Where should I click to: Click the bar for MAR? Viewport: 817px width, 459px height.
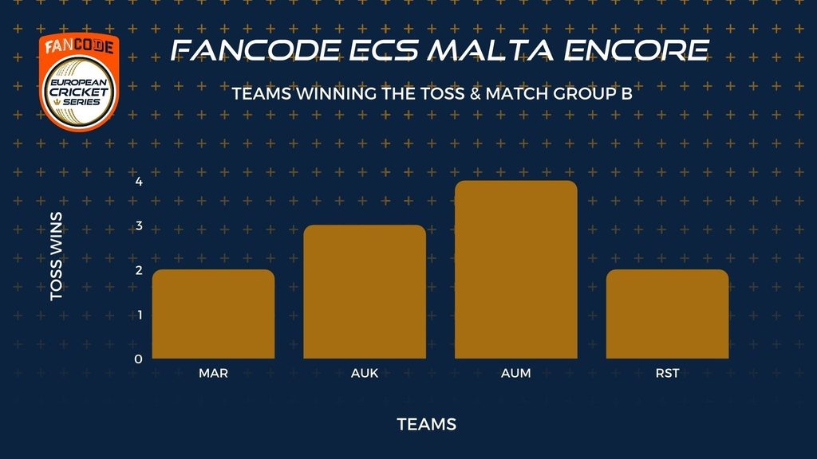click(x=213, y=314)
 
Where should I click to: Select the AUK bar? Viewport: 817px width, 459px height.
click(x=365, y=292)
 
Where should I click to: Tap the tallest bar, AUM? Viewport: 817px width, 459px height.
click(x=516, y=269)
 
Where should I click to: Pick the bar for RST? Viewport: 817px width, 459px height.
click(x=668, y=314)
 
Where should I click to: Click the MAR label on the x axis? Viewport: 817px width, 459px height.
click(x=213, y=373)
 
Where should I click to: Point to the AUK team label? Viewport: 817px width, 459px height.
click(x=365, y=373)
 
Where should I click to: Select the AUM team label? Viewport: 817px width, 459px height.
click(x=516, y=373)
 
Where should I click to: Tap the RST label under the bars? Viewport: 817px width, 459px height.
click(x=668, y=373)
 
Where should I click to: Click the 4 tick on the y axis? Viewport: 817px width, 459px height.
click(x=139, y=182)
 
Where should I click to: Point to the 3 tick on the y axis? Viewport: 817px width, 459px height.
click(x=139, y=226)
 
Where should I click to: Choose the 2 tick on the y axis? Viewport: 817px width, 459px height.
click(x=139, y=270)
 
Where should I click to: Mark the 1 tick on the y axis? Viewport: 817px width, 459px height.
click(x=139, y=315)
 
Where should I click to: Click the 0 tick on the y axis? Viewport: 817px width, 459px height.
click(x=138, y=359)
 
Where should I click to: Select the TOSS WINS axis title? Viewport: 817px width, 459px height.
click(x=57, y=256)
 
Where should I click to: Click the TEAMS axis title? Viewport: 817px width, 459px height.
click(x=427, y=424)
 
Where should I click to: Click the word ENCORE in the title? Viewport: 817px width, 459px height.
click(x=636, y=50)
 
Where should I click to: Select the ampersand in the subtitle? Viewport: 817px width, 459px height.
click(x=475, y=94)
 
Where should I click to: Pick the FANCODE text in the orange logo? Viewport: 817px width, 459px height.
click(x=79, y=47)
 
